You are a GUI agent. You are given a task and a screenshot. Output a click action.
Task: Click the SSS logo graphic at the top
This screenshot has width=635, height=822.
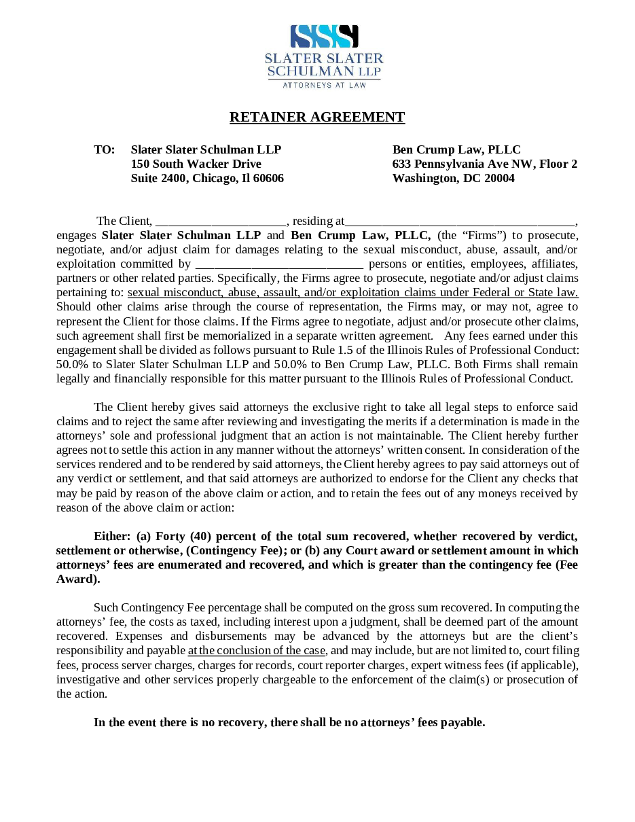[x=324, y=37]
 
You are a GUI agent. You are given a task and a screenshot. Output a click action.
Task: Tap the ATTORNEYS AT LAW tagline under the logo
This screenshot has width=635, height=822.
[x=324, y=86]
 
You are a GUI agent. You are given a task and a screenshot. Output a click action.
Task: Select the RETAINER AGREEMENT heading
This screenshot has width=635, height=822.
[x=317, y=117]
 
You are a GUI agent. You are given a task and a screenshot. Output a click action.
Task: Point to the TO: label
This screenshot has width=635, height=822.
[x=104, y=149]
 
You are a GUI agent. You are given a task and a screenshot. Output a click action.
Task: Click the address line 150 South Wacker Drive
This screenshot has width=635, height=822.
[x=196, y=164]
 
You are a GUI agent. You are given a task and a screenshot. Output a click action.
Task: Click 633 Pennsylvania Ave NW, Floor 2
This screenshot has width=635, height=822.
[x=485, y=164]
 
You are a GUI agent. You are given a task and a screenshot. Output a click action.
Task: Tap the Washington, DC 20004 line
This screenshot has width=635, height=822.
[x=453, y=178]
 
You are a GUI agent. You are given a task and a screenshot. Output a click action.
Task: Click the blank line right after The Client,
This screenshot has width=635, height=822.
[x=221, y=221]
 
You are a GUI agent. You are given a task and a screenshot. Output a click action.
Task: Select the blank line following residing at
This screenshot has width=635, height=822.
[x=460, y=221]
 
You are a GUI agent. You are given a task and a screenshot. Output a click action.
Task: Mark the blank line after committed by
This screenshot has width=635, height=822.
[x=279, y=264]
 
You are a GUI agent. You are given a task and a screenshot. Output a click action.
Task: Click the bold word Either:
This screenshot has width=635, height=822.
[x=112, y=536]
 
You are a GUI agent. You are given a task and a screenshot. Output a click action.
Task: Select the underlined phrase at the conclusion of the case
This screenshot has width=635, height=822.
[x=257, y=650]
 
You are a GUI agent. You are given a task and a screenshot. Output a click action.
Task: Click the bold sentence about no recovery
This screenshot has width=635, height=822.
[x=289, y=722]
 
